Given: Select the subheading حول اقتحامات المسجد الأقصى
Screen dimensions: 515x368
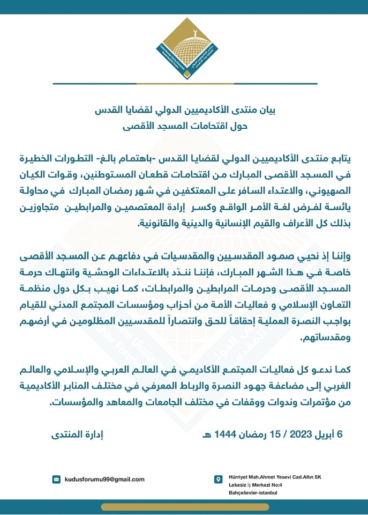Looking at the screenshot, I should tap(184, 127).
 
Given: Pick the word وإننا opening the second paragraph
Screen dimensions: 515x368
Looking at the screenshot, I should tap(341, 254).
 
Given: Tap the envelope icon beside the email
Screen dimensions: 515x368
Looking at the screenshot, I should tap(56, 479).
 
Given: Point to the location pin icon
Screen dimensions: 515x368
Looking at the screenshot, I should tap(218, 479).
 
